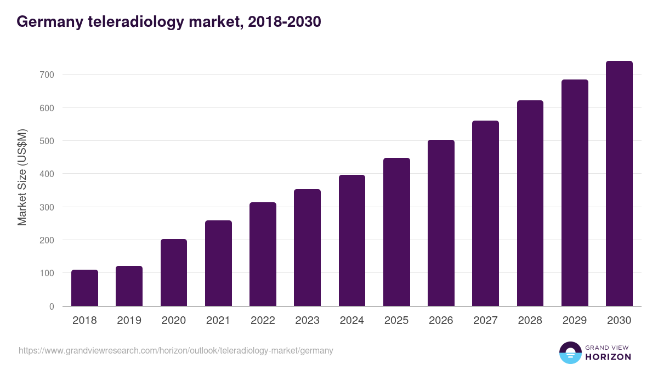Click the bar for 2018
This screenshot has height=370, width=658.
pyautogui.click(x=84, y=288)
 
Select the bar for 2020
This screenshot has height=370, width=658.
pyautogui.click(x=174, y=272)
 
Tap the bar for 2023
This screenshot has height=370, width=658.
pyautogui.click(x=307, y=248)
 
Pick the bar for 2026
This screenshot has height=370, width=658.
pyautogui.click(x=441, y=223)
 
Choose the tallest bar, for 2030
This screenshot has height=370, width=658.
pyautogui.click(x=619, y=184)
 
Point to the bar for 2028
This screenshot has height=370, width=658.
pyautogui.click(x=530, y=203)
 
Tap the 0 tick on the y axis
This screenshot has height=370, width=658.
pyautogui.click(x=52, y=306)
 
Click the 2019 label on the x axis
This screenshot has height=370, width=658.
pyautogui.click(x=129, y=321)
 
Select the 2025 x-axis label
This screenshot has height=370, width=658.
pyautogui.click(x=396, y=321)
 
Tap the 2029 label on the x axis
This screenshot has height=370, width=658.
pyautogui.click(x=575, y=321)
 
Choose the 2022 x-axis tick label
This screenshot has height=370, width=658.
pyautogui.click(x=263, y=321)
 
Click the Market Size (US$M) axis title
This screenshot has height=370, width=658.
pyautogui.click(x=22, y=177)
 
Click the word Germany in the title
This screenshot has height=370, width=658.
pyautogui.click(x=49, y=22)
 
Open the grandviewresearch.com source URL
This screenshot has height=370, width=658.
pyautogui.click(x=175, y=350)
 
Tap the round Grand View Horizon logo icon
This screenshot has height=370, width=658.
pyautogui.click(x=570, y=352)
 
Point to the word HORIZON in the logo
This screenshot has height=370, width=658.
pyautogui.click(x=608, y=357)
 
